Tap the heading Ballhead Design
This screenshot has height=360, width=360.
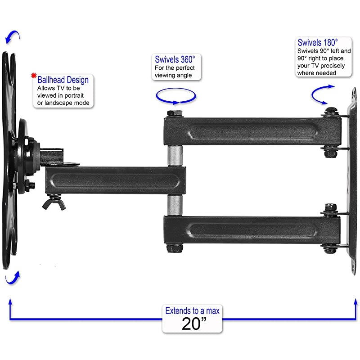coord(63,80)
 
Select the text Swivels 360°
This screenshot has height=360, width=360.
coord(175,59)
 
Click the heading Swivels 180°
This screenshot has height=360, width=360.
coord(318,43)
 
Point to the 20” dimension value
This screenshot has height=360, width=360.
coord(192,324)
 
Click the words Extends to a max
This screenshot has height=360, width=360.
coord(192,311)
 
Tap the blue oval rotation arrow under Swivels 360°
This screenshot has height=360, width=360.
coord(175,95)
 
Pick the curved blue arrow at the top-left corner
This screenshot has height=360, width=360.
coord(12,38)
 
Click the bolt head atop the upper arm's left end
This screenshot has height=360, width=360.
coord(174,113)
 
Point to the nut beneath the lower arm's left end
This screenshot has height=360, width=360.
coord(175,248)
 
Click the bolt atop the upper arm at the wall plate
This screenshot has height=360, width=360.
coord(331,111)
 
